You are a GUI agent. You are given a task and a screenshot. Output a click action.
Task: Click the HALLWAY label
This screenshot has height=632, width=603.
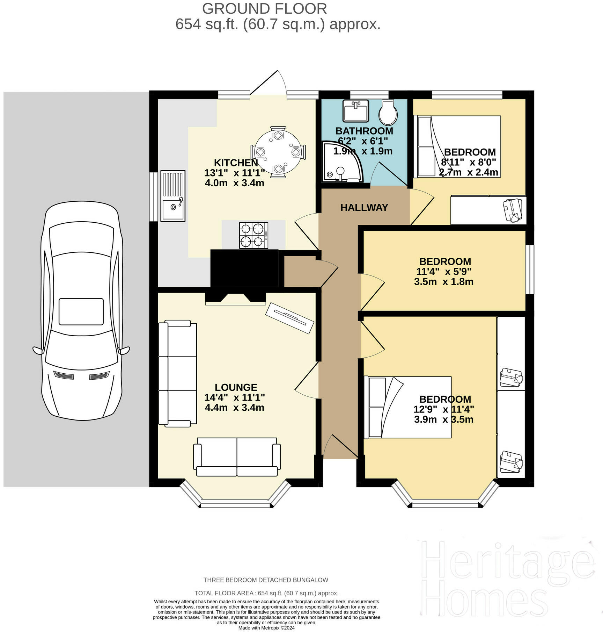tap(364, 208)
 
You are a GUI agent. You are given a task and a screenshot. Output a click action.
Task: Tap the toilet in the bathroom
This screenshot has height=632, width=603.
tap(388, 113)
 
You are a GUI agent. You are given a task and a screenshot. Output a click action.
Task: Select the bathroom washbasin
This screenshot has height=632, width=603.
tap(356, 111)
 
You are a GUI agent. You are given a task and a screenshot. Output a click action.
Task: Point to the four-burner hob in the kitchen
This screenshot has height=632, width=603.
tap(254, 236)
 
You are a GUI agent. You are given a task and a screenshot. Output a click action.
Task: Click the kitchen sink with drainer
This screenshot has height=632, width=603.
tap(173, 196)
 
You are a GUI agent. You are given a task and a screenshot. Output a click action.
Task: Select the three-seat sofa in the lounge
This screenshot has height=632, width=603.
tap(177, 373)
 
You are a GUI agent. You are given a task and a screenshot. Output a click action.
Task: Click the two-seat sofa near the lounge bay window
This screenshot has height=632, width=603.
tap(237, 457)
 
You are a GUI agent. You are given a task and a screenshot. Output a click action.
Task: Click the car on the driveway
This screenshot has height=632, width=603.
tap(81, 311)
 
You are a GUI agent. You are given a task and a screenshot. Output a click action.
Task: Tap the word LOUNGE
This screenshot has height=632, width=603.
tap(236, 387)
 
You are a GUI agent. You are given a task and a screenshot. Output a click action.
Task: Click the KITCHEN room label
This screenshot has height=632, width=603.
tap(236, 163)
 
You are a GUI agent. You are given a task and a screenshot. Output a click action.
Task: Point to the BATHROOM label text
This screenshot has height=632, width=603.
tap(364, 131)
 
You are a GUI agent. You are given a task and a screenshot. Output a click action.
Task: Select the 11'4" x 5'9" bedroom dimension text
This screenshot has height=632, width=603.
tap(444, 272)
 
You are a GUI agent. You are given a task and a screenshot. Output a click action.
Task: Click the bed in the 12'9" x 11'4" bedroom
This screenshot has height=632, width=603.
tap(407, 407)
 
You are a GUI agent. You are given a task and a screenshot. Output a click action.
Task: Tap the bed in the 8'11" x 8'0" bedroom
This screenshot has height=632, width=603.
tap(457, 146)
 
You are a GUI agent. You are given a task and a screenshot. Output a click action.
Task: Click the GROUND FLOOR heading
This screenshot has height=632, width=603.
tap(265, 9)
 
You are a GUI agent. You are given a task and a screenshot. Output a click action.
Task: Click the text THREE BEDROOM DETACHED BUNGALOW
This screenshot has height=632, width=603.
tap(266, 580)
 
